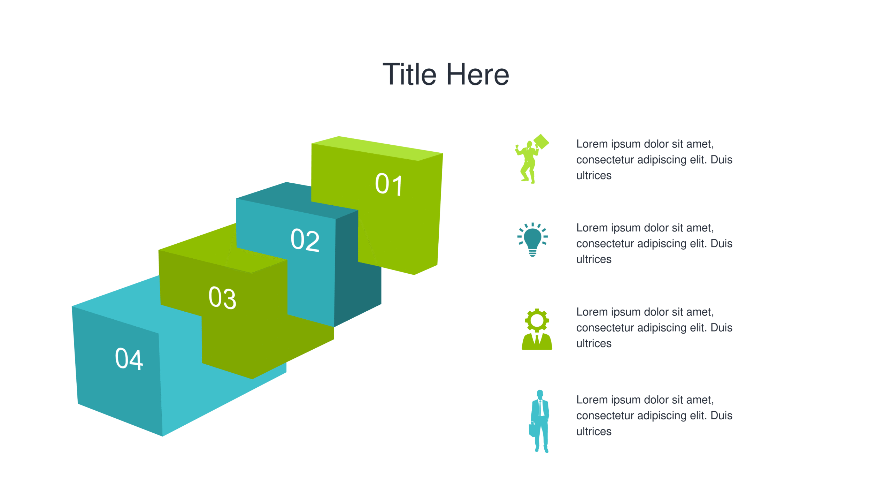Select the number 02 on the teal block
click(x=305, y=240)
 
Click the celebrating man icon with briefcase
click(x=532, y=159)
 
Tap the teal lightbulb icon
click(x=532, y=240)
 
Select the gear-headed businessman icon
click(x=537, y=329)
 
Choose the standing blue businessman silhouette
click(x=539, y=421)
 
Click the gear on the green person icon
click(x=537, y=320)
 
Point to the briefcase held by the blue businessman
click(x=532, y=430)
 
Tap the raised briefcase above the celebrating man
click(x=541, y=142)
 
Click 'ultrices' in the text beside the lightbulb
click(x=594, y=259)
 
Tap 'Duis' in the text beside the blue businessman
click(x=721, y=416)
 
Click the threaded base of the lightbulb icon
click(x=532, y=253)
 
